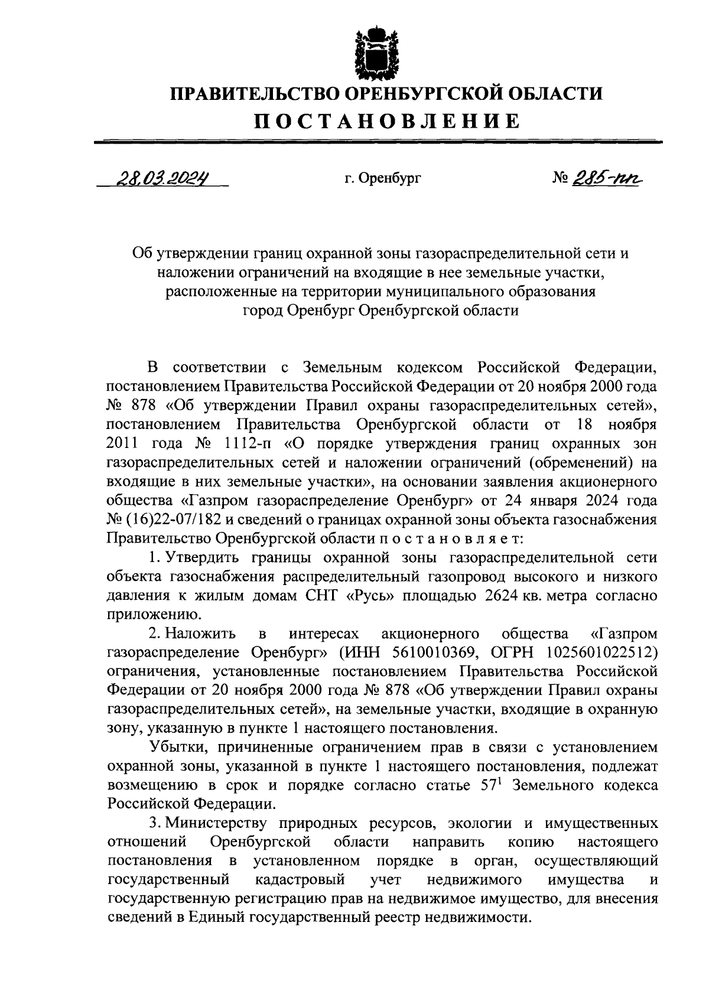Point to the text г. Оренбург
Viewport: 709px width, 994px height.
383,177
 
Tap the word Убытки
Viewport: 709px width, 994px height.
179,748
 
